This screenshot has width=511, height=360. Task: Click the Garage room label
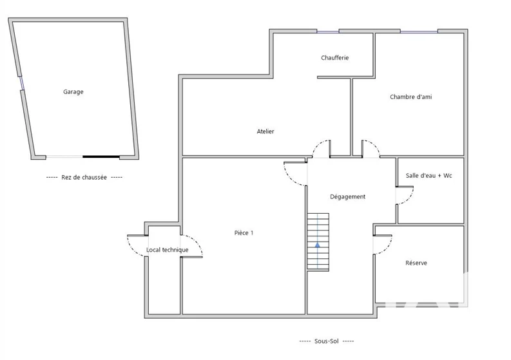click(x=73, y=92)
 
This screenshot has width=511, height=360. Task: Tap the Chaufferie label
click(x=334, y=58)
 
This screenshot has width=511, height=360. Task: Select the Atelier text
click(x=265, y=131)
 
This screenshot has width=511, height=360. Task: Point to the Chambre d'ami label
click(x=410, y=97)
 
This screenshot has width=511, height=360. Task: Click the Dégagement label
click(x=347, y=196)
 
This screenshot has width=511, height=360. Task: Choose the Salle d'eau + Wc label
click(x=429, y=176)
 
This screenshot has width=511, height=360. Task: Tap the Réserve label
click(x=416, y=263)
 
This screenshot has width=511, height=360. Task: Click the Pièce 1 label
click(x=244, y=232)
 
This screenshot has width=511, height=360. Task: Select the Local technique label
click(x=167, y=250)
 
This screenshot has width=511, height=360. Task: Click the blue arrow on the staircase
click(x=318, y=245)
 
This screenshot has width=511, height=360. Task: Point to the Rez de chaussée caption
click(x=84, y=177)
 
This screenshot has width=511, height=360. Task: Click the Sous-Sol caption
click(x=326, y=341)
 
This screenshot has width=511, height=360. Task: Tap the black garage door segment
click(x=101, y=156)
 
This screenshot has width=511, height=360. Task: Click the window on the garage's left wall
click(x=21, y=83)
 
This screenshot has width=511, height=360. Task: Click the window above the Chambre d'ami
click(x=419, y=32)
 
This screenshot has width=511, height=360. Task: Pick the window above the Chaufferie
click(x=328, y=32)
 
